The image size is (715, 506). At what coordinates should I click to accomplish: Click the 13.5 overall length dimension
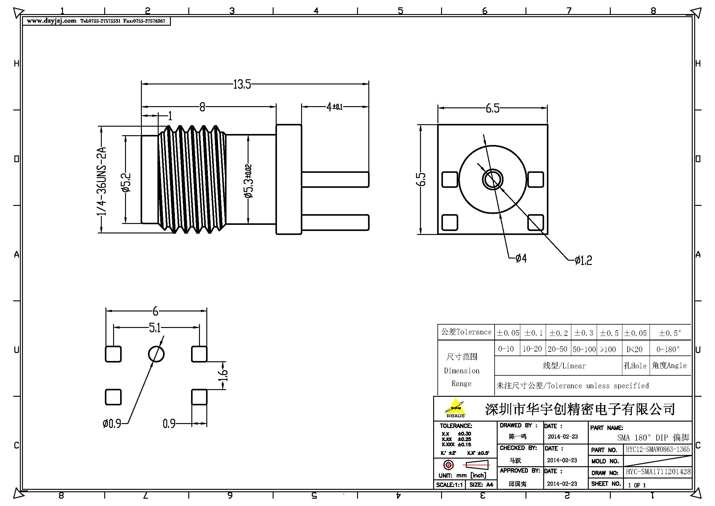click(x=242, y=84)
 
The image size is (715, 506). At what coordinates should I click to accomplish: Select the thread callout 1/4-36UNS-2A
click(x=101, y=181)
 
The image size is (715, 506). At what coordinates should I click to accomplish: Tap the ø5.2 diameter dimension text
click(x=127, y=183)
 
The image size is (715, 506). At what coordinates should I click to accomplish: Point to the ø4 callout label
click(x=521, y=258)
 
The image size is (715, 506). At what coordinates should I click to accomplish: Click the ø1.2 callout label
click(x=583, y=260)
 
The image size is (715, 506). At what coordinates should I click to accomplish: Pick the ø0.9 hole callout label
click(x=112, y=423)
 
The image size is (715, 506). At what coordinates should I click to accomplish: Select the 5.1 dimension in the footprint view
click(x=155, y=328)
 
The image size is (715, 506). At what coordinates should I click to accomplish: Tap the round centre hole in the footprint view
click(x=156, y=354)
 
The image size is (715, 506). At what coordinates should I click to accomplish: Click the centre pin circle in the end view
click(x=493, y=180)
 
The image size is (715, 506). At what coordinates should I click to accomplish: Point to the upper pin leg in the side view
click(x=335, y=180)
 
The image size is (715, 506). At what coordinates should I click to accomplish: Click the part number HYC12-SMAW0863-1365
click(x=658, y=449)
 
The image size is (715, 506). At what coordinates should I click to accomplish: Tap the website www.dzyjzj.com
click(x=51, y=21)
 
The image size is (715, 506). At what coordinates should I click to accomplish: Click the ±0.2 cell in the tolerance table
click(x=558, y=333)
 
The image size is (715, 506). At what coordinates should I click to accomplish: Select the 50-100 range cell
click(x=584, y=349)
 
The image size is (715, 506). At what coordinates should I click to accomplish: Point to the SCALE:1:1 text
click(x=449, y=485)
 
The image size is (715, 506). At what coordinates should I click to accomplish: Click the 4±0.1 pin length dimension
click(x=334, y=107)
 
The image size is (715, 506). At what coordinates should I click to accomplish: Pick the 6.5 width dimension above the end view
click(x=492, y=108)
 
